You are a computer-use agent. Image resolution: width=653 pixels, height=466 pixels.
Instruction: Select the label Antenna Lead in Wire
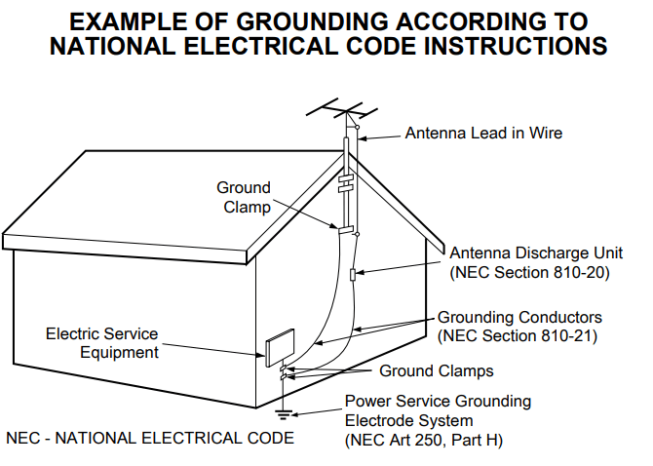point(483,133)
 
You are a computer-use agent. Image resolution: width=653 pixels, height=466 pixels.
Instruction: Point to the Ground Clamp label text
point(244,197)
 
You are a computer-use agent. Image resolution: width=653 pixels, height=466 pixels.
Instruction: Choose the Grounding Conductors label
point(519,318)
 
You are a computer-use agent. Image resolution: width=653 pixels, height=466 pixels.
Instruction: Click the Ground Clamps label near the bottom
point(437,370)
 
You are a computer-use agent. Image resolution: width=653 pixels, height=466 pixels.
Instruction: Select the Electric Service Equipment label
point(102,343)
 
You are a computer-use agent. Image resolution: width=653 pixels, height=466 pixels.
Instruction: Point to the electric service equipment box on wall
point(279,347)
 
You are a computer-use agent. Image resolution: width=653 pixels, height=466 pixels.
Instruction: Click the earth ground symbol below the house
point(284,414)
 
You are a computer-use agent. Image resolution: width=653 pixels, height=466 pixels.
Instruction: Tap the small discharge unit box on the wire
point(354,275)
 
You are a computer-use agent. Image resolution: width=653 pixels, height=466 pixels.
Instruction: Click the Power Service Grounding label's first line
point(439,402)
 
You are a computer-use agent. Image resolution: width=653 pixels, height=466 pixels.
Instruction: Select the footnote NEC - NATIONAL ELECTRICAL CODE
point(150,438)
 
